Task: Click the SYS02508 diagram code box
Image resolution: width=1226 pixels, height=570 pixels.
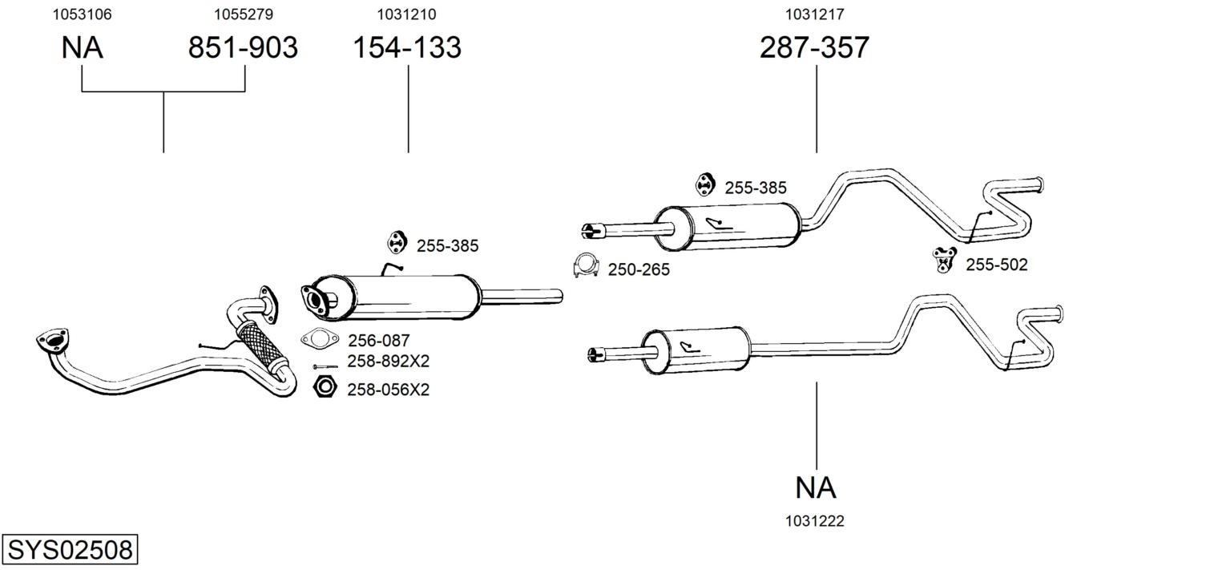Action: pyautogui.click(x=70, y=550)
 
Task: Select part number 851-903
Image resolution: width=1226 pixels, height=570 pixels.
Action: pyautogui.click(x=243, y=48)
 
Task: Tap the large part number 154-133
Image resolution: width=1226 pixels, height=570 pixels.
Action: pyautogui.click(x=407, y=48)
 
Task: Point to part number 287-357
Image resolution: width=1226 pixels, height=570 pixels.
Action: pyautogui.click(x=814, y=48)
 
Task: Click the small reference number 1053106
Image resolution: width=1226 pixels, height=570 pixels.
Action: pyautogui.click(x=82, y=14)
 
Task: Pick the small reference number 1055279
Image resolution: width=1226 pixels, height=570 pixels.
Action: pyautogui.click(x=244, y=14)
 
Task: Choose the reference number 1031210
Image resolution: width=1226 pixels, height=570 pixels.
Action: pyautogui.click(x=407, y=14)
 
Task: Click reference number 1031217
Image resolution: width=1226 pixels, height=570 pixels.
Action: pyautogui.click(x=814, y=14)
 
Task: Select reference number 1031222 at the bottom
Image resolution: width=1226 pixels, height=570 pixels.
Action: pyautogui.click(x=815, y=521)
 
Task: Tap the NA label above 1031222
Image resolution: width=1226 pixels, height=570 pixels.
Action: pyautogui.click(x=816, y=487)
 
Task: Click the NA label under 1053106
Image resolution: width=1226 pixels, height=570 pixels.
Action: pyautogui.click(x=82, y=48)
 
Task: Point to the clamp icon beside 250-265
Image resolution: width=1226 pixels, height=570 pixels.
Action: pyautogui.click(x=587, y=265)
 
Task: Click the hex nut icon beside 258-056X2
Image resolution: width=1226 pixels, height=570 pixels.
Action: pyautogui.click(x=325, y=387)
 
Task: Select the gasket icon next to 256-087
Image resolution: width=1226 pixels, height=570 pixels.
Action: pyautogui.click(x=319, y=339)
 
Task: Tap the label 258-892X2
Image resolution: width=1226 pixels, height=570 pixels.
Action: pyautogui.click(x=388, y=362)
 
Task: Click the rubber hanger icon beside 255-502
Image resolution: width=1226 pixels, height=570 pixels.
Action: pyautogui.click(x=946, y=259)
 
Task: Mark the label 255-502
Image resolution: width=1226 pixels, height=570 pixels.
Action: pyautogui.click(x=996, y=265)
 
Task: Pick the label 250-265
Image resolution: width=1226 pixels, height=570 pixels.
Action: pyautogui.click(x=639, y=270)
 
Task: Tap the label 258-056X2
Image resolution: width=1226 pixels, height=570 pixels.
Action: pyautogui.click(x=388, y=390)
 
